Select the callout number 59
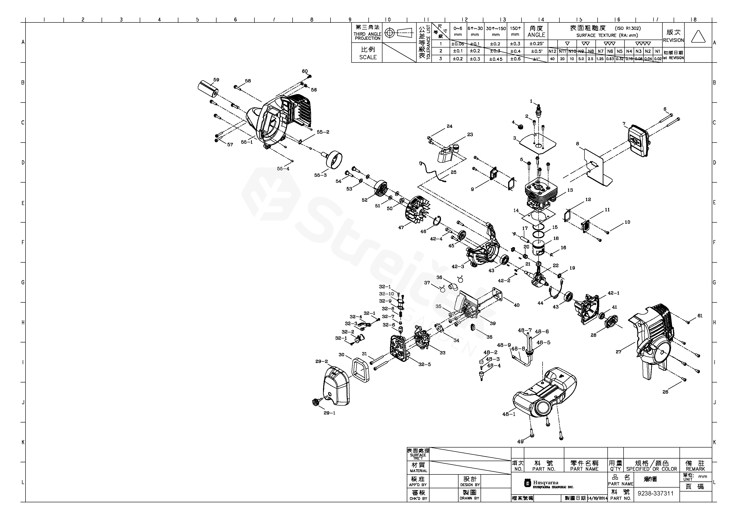pyautogui.click(x=216, y=80)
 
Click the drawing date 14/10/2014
pyautogui.click(x=597, y=498)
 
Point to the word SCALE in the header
pyautogui.click(x=368, y=57)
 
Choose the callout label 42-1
pyautogui.click(x=613, y=293)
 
